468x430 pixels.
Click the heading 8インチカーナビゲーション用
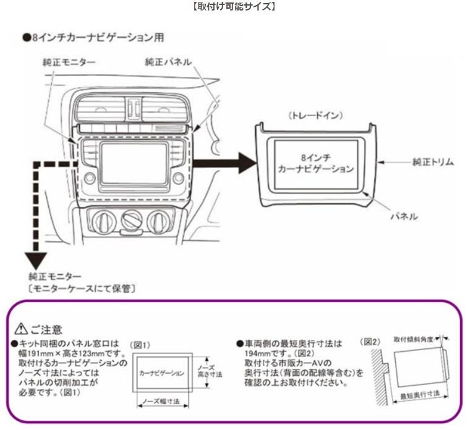tap(93, 38)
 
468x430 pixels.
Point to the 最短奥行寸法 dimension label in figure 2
tap(421, 395)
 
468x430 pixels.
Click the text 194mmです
tap(258, 353)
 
